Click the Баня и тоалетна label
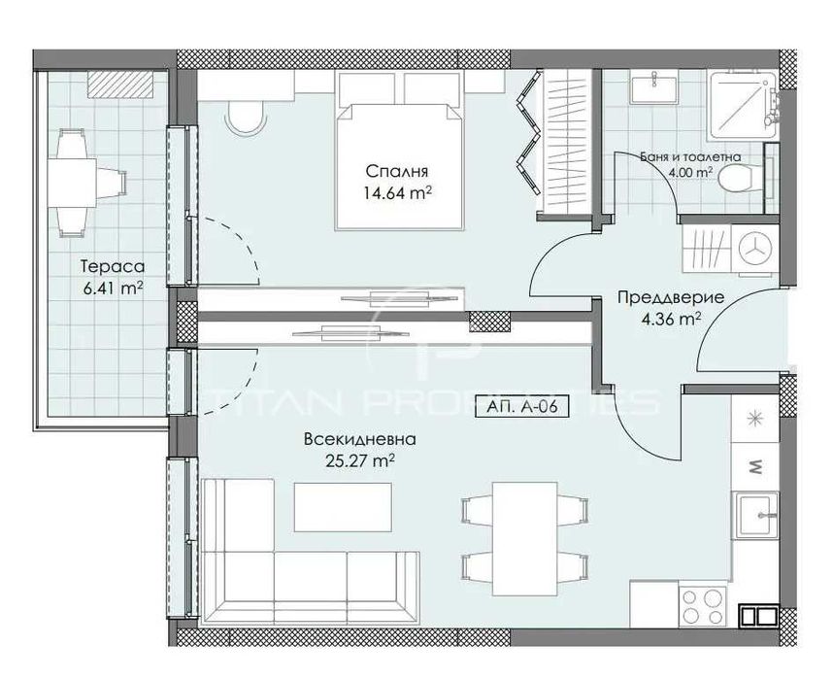click(691, 155)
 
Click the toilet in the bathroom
click(742, 179)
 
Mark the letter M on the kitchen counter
click(757, 467)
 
